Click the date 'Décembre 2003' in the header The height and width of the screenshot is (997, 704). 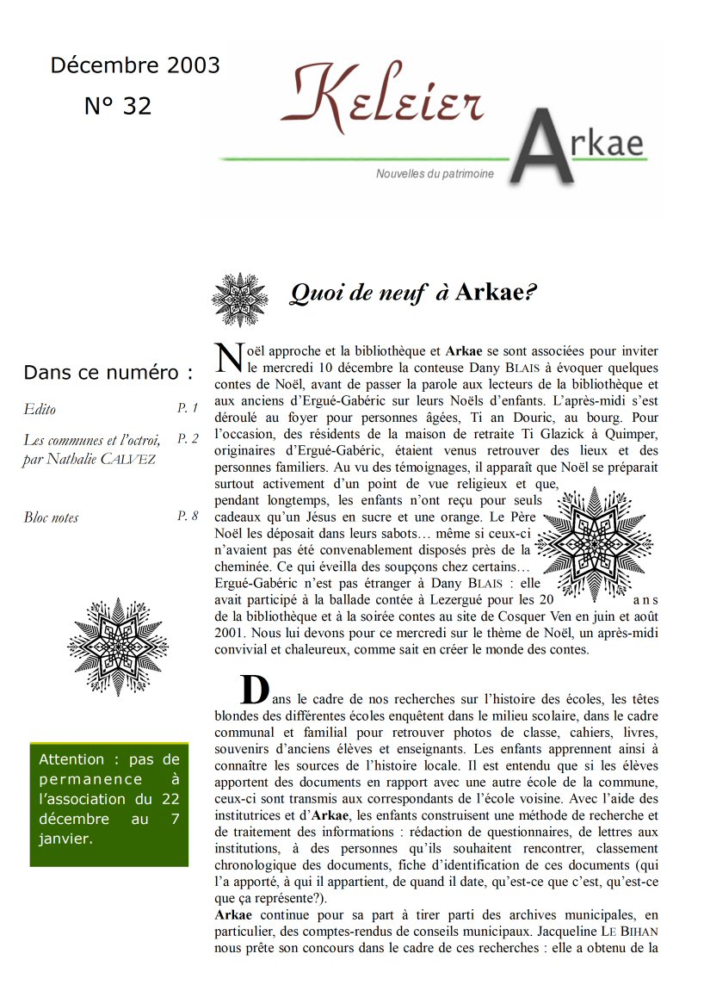click(135, 65)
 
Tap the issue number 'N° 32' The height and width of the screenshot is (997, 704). click(118, 106)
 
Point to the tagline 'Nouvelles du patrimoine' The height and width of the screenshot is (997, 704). click(435, 174)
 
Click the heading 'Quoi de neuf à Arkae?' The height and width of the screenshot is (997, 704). click(413, 293)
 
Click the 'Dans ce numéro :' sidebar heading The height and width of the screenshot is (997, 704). click(108, 373)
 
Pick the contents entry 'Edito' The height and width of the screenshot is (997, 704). click(40, 410)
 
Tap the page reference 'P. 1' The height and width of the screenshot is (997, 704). click(188, 408)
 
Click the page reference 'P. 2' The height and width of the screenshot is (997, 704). click(188, 438)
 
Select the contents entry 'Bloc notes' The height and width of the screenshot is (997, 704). click(51, 517)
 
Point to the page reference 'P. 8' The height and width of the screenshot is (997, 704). click(188, 516)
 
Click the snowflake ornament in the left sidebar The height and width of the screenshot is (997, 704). click(118, 647)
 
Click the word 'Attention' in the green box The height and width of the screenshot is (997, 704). click(71, 759)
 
